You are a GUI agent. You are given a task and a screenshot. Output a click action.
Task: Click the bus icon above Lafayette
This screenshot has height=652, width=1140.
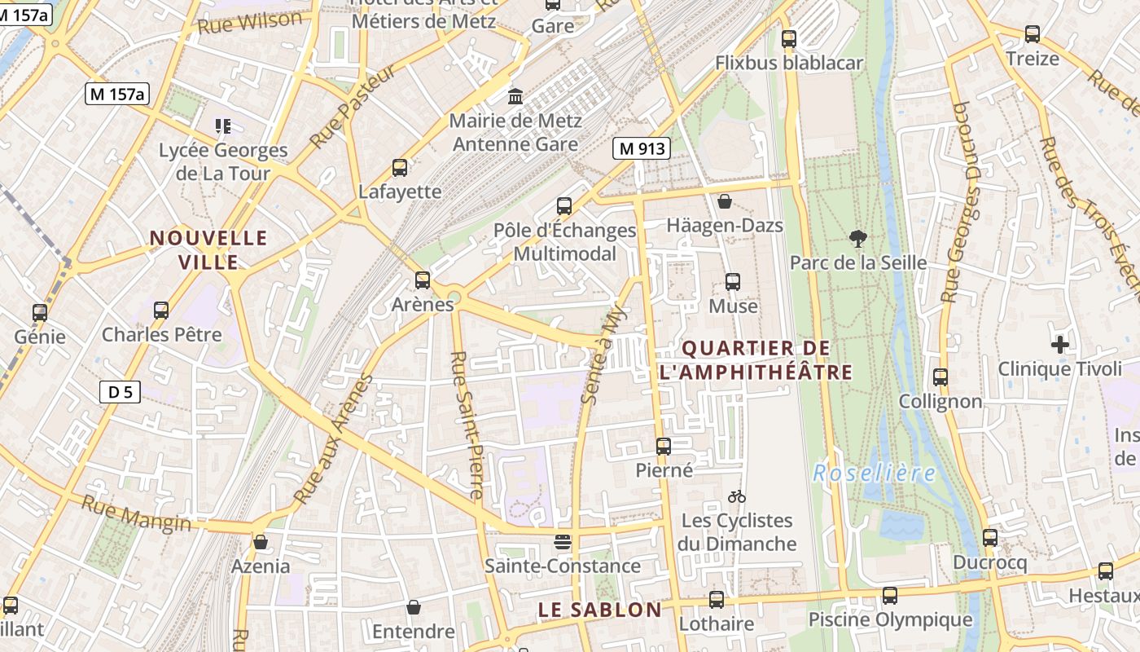400,168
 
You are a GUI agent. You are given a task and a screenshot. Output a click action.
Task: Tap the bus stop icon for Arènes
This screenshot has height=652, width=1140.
423,280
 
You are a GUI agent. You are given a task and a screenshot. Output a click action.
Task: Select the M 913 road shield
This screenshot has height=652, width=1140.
642,148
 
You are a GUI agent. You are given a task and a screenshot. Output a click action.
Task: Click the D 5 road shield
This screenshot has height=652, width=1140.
120,392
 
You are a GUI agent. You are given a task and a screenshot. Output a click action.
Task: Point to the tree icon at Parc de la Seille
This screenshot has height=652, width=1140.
857,239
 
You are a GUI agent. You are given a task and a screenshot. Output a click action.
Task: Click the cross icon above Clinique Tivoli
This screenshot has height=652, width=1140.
1059,345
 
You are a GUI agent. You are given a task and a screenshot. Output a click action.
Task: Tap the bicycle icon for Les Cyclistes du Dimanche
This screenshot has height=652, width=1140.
737,496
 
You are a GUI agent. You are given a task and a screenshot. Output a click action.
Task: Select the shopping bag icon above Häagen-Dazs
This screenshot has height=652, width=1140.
725,201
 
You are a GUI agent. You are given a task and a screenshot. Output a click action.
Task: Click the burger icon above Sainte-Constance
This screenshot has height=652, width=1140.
562,542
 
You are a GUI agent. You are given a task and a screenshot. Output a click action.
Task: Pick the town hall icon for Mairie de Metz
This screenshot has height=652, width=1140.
515,97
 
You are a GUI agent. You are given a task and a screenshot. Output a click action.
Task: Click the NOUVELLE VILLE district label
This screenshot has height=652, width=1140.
208,249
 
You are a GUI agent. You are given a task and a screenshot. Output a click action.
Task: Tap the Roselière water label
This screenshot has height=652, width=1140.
874,473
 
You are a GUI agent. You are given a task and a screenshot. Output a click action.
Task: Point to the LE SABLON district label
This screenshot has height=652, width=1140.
599,610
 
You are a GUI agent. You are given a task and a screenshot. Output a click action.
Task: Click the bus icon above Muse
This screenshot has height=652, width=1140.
733,282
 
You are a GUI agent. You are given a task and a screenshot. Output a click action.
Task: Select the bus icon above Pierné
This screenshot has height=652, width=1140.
664,447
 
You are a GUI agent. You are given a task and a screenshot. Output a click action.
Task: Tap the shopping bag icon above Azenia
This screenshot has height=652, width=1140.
261,542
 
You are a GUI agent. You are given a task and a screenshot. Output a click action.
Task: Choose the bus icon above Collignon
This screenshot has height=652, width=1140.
940,377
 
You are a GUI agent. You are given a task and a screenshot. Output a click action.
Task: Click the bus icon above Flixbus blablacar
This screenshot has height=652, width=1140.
788,38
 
